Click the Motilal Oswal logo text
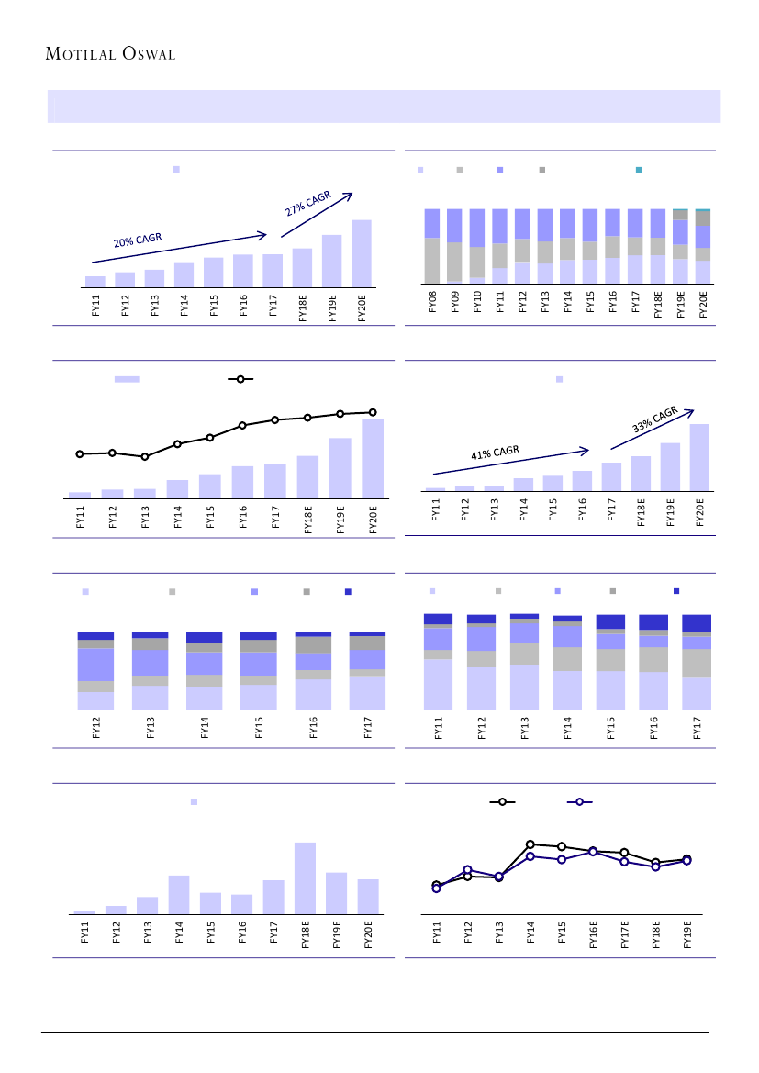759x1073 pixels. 110,53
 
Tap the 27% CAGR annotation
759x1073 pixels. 308,204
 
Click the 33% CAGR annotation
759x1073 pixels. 655,419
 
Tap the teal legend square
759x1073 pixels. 639,170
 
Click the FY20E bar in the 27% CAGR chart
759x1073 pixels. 361,253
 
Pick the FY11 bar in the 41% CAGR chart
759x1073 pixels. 435,489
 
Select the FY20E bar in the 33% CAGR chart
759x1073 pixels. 699,457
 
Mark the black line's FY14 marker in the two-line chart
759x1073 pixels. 530,844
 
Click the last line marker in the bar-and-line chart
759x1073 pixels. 373,412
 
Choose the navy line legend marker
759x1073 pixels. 578,802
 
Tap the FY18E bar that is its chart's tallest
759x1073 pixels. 305,877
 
